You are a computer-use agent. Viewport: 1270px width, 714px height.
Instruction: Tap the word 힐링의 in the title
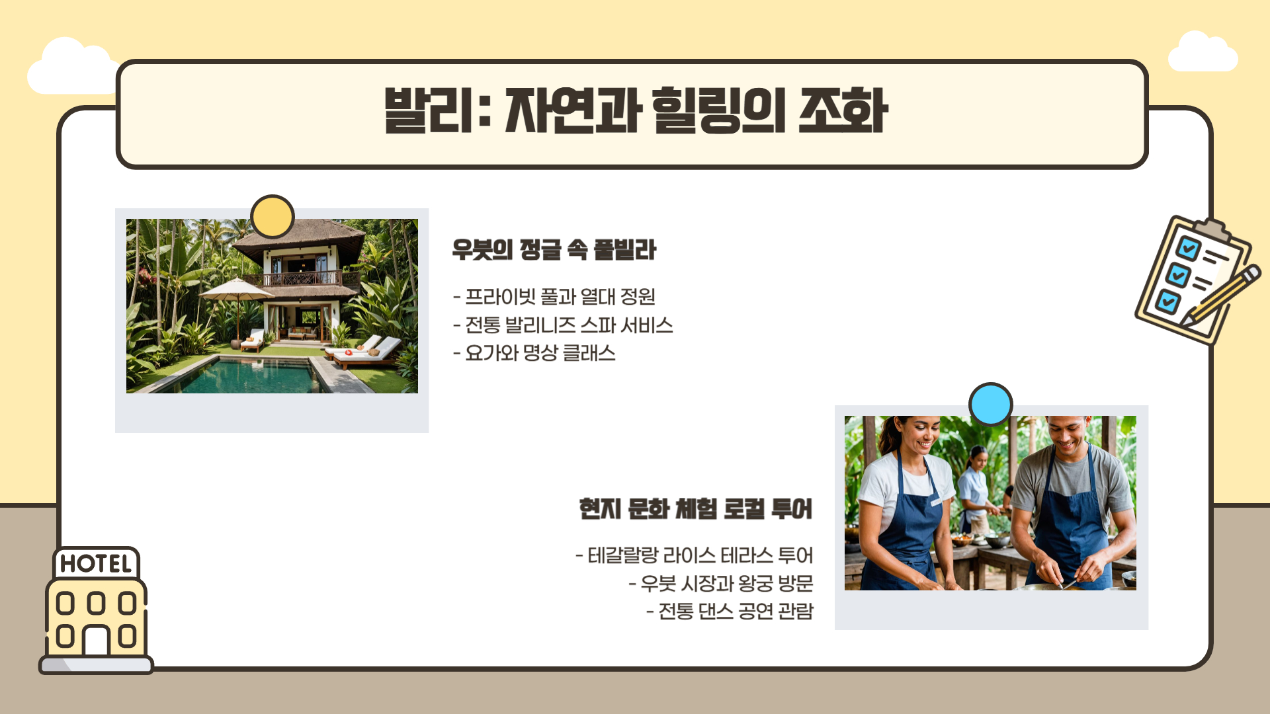coord(718,110)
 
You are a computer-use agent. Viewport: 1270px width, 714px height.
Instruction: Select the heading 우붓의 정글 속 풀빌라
coord(554,250)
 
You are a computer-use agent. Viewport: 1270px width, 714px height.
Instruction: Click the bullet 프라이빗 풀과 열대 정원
coord(554,297)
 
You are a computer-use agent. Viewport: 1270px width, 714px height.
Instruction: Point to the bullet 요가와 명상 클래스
coord(534,353)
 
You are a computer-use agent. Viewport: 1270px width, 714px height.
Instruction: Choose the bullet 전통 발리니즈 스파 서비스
coord(563,325)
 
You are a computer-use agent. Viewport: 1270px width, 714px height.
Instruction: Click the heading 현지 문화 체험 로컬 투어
coord(695,509)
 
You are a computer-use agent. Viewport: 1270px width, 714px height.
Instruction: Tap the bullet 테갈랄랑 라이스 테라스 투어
coord(695,555)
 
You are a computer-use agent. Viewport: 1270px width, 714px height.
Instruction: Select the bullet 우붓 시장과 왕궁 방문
coord(721,583)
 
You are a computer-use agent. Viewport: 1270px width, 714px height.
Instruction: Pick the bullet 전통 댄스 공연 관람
coord(730,611)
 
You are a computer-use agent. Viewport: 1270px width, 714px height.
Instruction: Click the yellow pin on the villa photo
coord(273,216)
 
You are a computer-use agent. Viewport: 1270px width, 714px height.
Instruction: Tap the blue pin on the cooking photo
coord(990,404)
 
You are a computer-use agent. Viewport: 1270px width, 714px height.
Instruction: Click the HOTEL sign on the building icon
coord(96,564)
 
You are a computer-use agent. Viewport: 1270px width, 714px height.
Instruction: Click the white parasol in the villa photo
coord(236,290)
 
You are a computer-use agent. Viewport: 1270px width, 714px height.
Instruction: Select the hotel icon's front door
coord(96,640)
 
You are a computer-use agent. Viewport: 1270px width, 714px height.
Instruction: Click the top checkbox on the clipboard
coord(1188,249)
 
